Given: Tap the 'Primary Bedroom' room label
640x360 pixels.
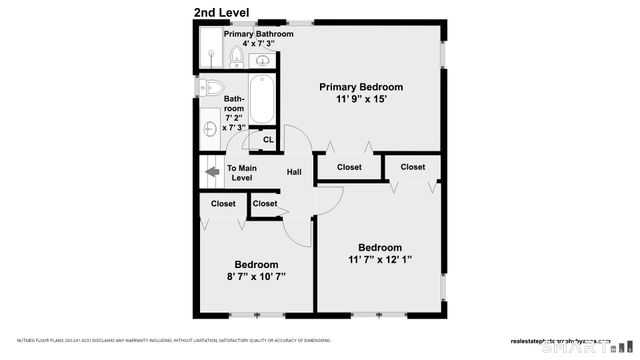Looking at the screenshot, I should coord(360,86).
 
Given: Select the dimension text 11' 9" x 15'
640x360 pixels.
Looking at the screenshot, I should coord(360,99).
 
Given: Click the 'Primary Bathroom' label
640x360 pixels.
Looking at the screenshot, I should coord(259,34).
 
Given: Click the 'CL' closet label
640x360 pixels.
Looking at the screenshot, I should coord(268,139).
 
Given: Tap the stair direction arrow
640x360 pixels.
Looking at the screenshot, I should coord(212,172).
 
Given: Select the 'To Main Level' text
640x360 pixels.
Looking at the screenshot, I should coord(241,173).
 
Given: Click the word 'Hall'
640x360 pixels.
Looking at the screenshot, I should coord(294,173).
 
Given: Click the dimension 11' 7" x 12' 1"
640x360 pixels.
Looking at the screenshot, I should coord(380,260).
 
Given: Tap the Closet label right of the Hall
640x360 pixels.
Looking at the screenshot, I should coord(349,167).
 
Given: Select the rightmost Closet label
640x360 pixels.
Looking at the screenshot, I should coord(413,167).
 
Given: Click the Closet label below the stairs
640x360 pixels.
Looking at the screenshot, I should coord(223,204).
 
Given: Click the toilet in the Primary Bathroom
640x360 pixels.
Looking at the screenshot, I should coord(236,57).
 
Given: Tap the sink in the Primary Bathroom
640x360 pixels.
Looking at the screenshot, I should coord(262,58).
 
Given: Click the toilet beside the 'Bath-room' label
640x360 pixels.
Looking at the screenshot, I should coord(211,87).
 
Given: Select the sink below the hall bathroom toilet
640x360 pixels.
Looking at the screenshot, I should coord(210,128).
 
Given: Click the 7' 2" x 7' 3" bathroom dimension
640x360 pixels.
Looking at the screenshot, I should coord(234,122).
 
